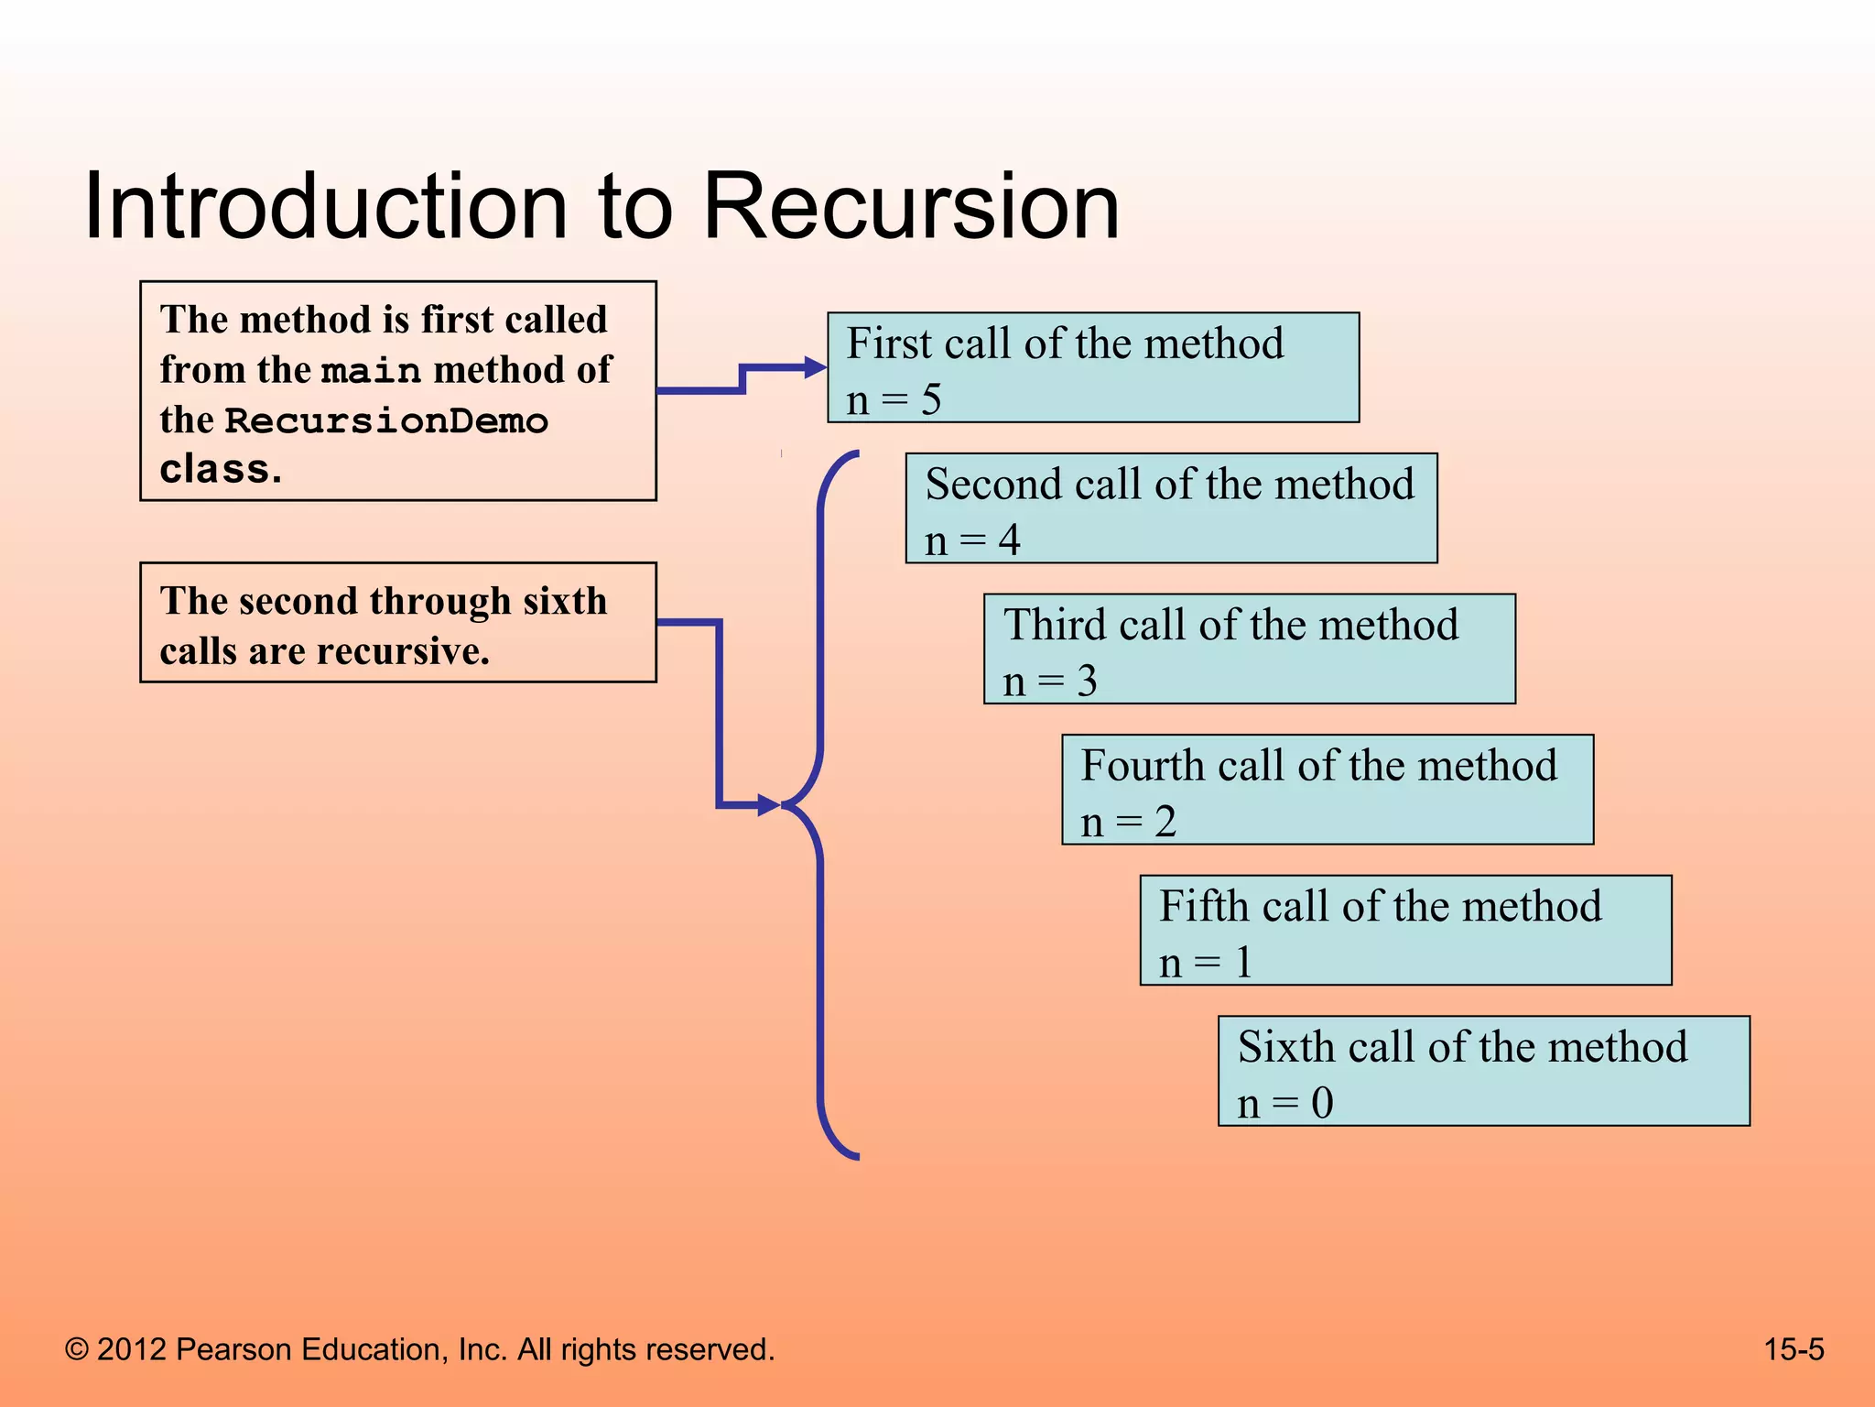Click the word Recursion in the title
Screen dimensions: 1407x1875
pos(911,207)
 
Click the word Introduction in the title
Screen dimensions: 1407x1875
pos(326,207)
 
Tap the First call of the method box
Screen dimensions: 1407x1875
pos(1093,367)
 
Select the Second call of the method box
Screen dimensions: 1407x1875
pos(1171,508)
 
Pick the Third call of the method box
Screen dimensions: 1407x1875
pos(1249,649)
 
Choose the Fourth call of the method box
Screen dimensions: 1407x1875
pos(1327,790)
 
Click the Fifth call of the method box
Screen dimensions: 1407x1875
pos(1405,930)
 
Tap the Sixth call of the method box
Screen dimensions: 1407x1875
pos(1483,1071)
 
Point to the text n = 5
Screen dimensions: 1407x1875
pos(894,400)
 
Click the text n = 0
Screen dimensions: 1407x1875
pos(1284,1103)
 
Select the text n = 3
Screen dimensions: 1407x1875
pos(1049,682)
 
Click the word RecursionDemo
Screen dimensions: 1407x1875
pos(386,421)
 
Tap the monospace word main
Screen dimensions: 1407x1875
pos(371,371)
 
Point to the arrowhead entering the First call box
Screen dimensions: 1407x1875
pos(815,368)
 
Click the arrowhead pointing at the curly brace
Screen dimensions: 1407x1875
pos(768,806)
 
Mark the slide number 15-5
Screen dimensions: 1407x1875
pos(1794,1349)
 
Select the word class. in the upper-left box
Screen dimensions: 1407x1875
pos(220,470)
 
